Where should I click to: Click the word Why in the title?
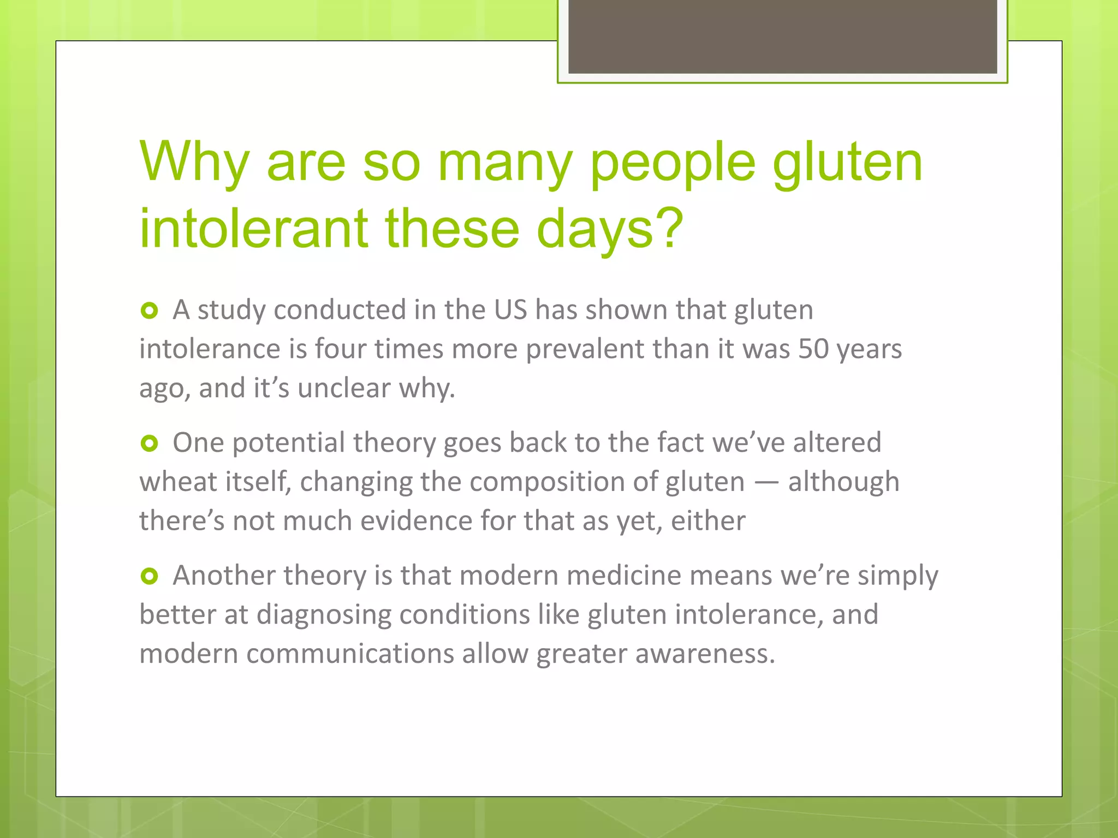[x=194, y=162]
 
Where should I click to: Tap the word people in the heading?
[x=673, y=163]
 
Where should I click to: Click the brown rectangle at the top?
[x=782, y=36]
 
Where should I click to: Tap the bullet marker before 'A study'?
[x=149, y=311]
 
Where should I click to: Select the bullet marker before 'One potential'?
[x=149, y=444]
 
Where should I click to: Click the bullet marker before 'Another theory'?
[x=149, y=576]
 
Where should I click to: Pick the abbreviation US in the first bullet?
[x=510, y=310]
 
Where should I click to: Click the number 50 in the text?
[x=813, y=349]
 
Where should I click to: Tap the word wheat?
[x=178, y=482]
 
